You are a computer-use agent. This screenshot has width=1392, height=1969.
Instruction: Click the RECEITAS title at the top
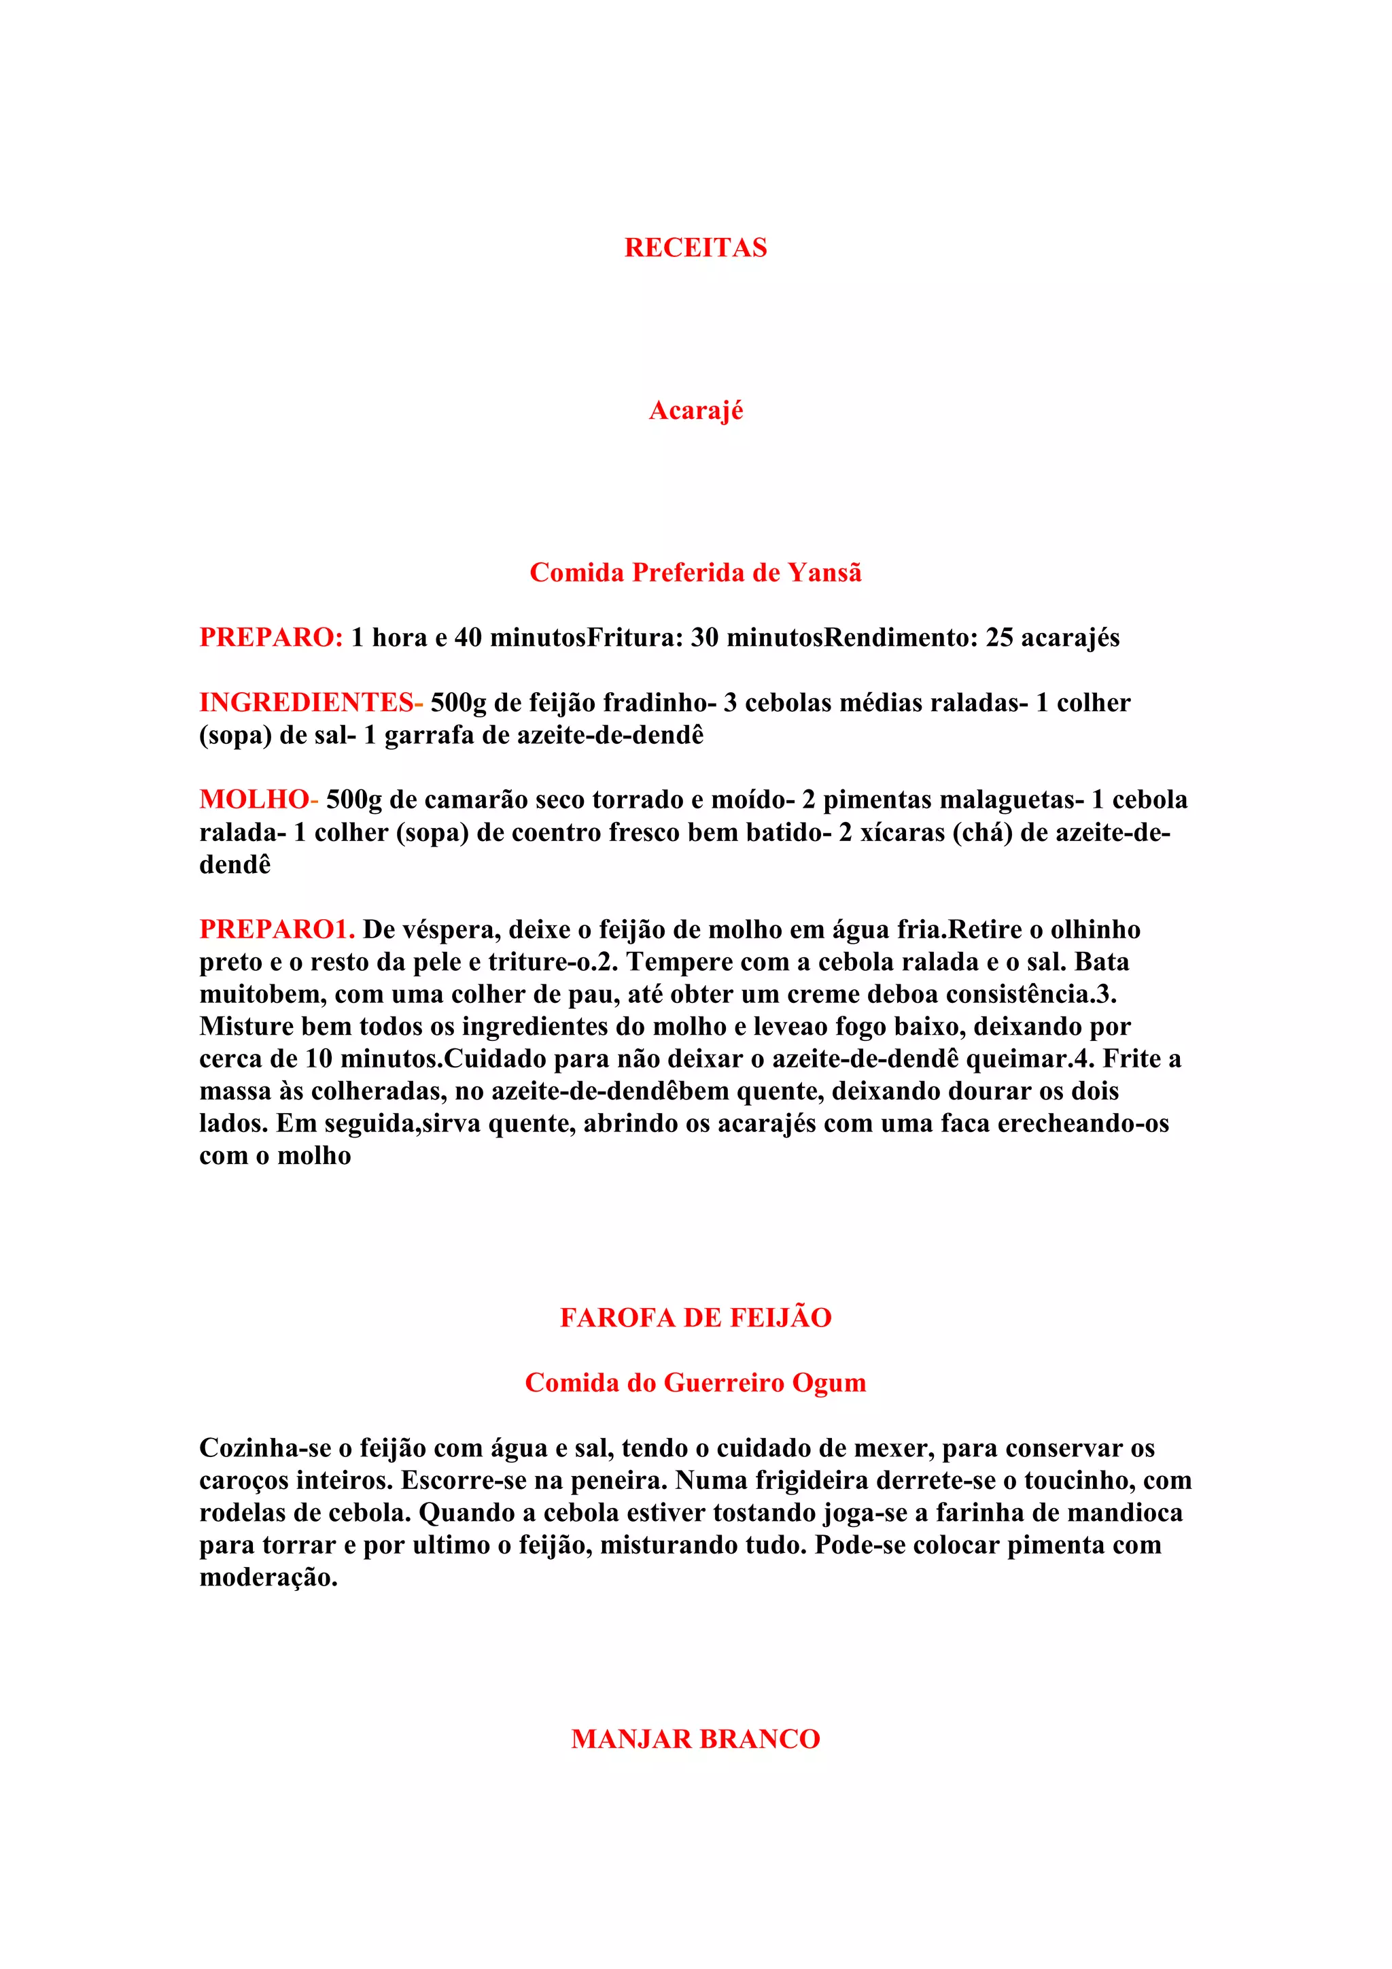point(695,248)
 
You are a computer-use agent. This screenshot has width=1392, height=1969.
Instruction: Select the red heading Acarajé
point(695,411)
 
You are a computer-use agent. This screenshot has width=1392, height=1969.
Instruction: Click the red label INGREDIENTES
point(306,703)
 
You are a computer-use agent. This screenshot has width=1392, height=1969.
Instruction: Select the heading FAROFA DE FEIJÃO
point(695,1318)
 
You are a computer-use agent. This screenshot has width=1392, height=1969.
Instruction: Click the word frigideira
point(801,1480)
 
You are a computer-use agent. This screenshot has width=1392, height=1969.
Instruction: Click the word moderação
point(268,1577)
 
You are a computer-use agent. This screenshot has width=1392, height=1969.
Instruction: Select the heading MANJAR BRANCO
point(695,1739)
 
